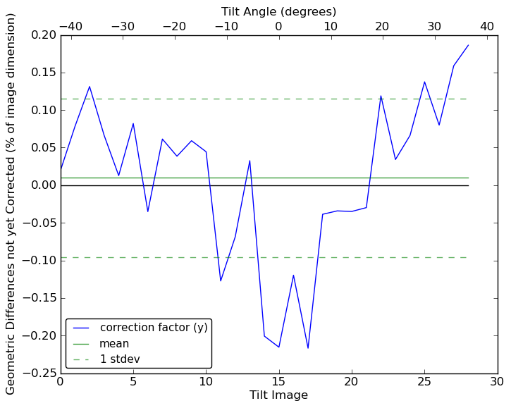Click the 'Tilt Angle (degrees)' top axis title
tap(278, 11)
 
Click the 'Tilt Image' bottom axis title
tap(278, 395)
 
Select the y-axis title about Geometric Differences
tap(11, 204)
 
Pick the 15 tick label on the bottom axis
tap(278, 381)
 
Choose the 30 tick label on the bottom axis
tap(497, 381)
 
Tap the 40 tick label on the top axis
tap(487, 26)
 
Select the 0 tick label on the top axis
tap(278, 26)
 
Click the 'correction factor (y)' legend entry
tap(154, 328)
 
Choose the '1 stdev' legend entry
tap(120, 359)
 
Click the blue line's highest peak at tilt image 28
tap(468, 45)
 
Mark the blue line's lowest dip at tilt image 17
tap(308, 348)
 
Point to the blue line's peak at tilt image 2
tap(90, 87)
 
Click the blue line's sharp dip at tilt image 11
tap(221, 281)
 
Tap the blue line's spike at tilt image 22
tap(381, 96)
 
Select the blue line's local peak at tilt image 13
tap(250, 161)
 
